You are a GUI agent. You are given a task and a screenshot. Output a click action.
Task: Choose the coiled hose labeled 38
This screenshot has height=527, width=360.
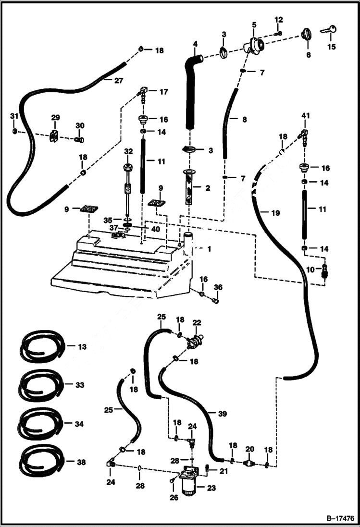tap(41, 461)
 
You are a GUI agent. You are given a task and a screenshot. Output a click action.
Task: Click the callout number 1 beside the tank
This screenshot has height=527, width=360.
tap(209, 249)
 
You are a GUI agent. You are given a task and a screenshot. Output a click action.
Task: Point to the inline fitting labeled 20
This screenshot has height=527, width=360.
tap(249, 463)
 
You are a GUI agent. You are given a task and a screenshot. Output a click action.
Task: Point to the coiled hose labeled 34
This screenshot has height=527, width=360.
tap(41, 423)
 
